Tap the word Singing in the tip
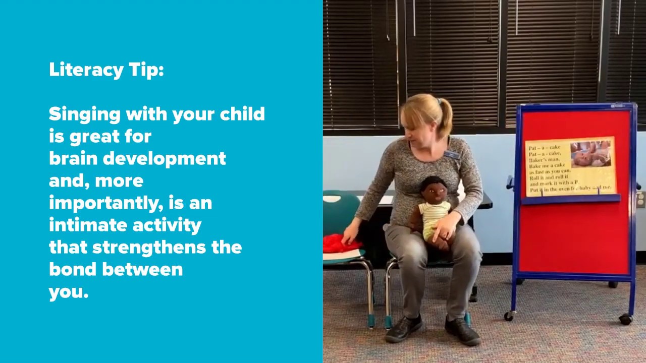[85, 115]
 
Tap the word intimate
[88, 225]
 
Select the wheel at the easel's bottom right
[626, 319]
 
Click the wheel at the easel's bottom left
[510, 316]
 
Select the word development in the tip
[165, 158]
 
